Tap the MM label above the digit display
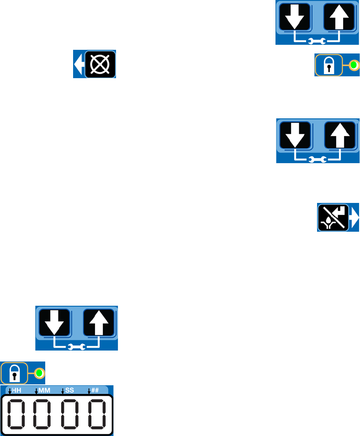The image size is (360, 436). [x=44, y=391]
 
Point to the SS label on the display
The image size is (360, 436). [x=69, y=391]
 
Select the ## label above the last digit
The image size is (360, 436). [x=95, y=391]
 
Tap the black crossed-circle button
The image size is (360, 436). [x=100, y=64]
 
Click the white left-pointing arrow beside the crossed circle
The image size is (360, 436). [x=79, y=64]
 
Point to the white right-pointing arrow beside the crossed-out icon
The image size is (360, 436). [x=354, y=217]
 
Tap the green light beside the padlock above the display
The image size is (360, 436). [x=39, y=373]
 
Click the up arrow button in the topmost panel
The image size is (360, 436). [x=339, y=17]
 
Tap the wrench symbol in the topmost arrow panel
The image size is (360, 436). [x=317, y=42]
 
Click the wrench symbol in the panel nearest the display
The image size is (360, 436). [x=76, y=347]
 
